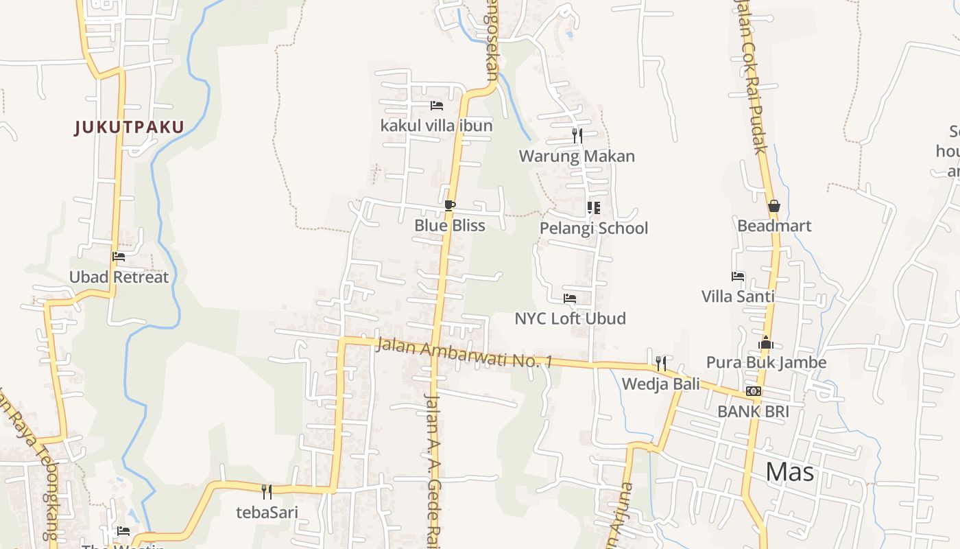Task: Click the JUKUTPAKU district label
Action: coord(130,127)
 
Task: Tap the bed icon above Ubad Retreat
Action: coord(119,257)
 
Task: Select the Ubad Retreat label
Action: coord(119,277)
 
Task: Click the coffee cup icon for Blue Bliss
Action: coord(449,205)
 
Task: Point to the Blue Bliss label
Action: coord(449,225)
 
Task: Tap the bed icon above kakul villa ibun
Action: coord(436,106)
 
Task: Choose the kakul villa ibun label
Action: coord(436,126)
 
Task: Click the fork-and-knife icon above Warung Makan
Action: coord(577,136)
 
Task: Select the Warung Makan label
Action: coord(577,156)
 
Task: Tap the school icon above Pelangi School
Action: coord(594,207)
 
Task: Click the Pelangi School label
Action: coord(594,228)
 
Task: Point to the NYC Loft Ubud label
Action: coord(570,318)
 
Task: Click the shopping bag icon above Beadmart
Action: coord(774,206)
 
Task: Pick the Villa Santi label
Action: coord(738,296)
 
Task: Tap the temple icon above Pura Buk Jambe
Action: coord(766,342)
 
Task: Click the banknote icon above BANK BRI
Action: coord(753,391)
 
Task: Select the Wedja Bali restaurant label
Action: coord(660,384)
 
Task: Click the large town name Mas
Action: coord(789,471)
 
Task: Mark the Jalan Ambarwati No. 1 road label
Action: coord(464,352)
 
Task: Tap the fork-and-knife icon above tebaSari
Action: coord(267,491)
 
